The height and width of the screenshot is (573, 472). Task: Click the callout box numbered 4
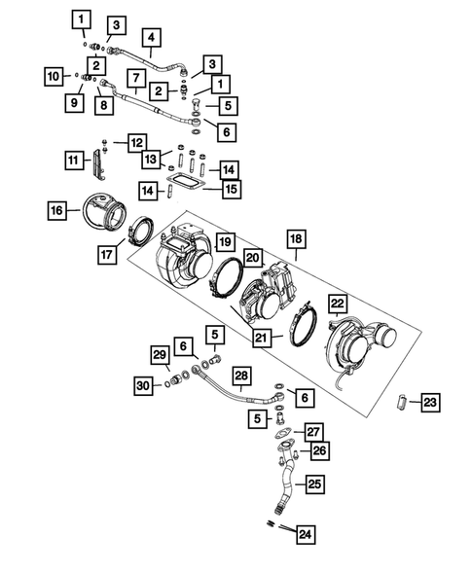(151, 39)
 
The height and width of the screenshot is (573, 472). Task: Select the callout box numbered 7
(138, 77)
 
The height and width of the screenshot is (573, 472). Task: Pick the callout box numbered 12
(135, 143)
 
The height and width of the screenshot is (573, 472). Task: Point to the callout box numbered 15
(230, 187)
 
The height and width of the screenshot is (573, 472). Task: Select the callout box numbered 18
(295, 237)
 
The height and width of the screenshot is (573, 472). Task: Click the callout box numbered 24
(306, 532)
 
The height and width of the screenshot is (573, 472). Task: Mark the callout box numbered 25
(314, 483)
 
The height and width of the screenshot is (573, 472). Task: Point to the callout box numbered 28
(242, 376)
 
